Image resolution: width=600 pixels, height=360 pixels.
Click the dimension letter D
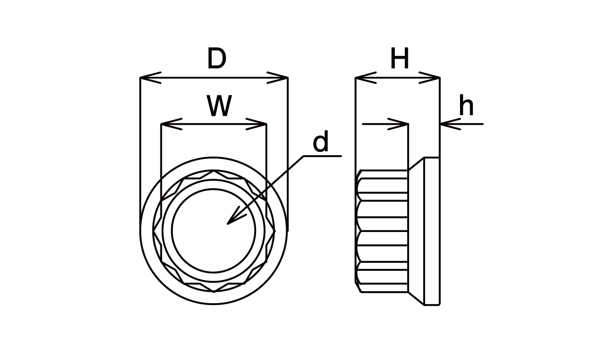(x=216, y=59)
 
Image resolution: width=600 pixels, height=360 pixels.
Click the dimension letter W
(x=219, y=106)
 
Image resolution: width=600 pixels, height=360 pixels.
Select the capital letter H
(x=400, y=59)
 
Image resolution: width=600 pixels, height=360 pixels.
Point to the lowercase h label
(x=466, y=106)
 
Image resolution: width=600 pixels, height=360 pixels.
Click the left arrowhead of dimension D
(x=149, y=78)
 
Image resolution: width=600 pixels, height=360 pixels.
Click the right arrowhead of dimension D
(x=279, y=78)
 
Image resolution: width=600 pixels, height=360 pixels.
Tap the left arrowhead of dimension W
(x=170, y=124)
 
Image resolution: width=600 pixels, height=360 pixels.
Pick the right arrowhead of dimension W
(x=258, y=124)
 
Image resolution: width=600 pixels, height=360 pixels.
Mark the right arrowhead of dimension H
(x=430, y=78)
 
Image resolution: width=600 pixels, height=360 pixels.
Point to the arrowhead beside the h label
(x=448, y=124)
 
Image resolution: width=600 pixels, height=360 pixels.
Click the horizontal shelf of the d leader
(x=322, y=156)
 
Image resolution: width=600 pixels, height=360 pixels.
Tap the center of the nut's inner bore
(x=214, y=231)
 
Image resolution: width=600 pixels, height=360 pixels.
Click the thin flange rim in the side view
(x=432, y=231)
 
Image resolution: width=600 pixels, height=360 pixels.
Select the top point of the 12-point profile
(x=214, y=171)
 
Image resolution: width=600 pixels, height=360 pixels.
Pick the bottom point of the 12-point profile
(x=214, y=291)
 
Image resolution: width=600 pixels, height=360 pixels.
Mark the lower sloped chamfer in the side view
(x=416, y=298)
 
